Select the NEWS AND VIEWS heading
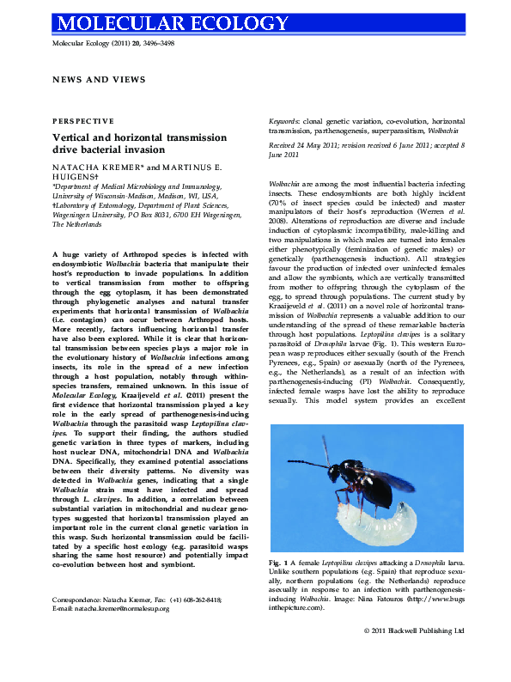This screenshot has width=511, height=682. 99,79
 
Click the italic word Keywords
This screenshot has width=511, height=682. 284,122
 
